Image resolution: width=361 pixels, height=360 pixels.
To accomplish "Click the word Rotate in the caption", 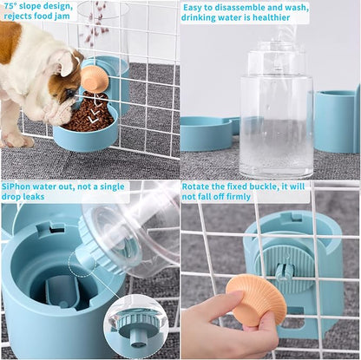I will pyautogui.click(x=200, y=186).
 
